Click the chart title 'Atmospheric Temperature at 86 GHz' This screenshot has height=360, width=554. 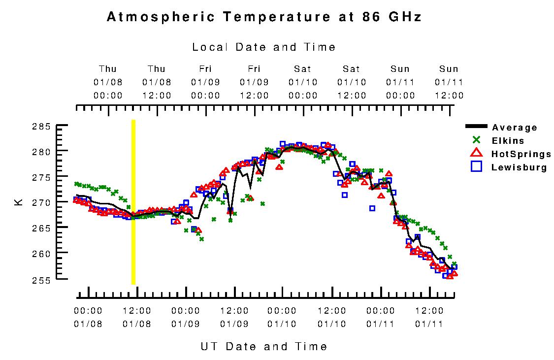click(264, 17)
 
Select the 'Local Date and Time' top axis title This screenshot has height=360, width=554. click(264, 47)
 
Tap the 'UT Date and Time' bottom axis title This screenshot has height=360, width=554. click(264, 346)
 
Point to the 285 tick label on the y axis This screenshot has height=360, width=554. click(42, 126)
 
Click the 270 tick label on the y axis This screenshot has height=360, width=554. click(42, 202)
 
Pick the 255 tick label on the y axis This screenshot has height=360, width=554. click(42, 279)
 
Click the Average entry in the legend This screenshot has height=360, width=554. click(514, 128)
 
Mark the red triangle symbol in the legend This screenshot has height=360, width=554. click(476, 154)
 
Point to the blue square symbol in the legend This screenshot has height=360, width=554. click(476, 167)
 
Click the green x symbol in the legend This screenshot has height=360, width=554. click(476, 140)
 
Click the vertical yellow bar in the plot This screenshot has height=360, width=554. click(133, 202)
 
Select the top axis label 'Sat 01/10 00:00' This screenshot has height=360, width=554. click(303, 82)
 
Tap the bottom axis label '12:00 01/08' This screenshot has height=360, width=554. click(137, 317)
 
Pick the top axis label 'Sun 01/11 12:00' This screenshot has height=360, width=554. click(449, 82)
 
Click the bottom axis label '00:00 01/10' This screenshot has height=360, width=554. click(282, 317)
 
